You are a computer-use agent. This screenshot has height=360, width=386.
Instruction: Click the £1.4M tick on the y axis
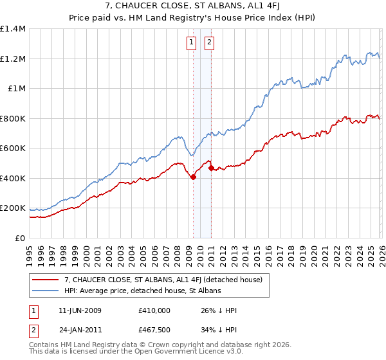tap(13, 29)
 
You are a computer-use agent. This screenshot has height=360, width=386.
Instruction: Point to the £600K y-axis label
tap(13, 148)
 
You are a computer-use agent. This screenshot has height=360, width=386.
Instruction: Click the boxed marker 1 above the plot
tap(192, 43)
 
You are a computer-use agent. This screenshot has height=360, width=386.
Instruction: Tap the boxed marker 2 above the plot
tap(210, 43)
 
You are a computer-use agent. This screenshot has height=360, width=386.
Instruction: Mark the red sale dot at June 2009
tap(193, 177)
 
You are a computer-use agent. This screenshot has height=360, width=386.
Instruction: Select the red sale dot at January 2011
tap(211, 168)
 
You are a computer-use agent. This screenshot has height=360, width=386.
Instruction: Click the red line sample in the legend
tap(46, 280)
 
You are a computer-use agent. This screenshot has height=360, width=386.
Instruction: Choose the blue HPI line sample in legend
tap(46, 291)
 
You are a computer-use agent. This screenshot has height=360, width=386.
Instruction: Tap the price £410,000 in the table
tap(154, 310)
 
